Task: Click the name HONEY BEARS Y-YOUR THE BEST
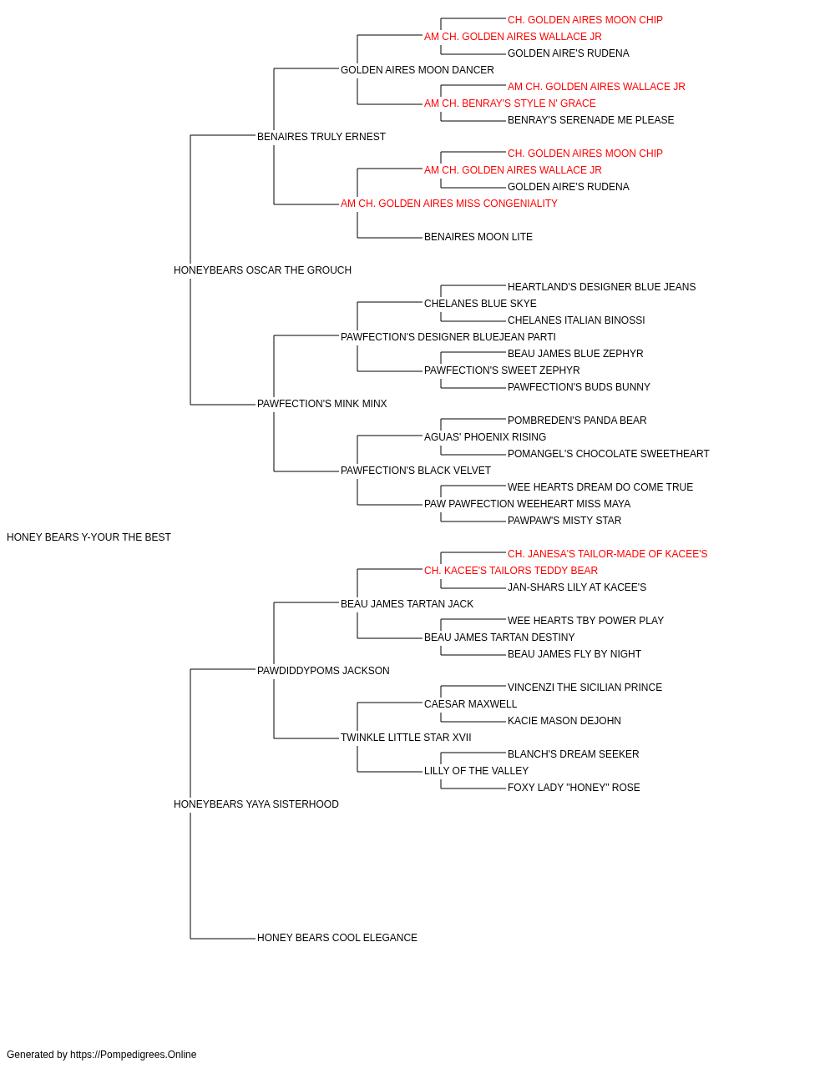[89, 537]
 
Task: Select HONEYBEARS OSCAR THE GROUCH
[262, 270]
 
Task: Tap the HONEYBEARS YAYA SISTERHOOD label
[256, 804]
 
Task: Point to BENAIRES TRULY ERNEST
[321, 137]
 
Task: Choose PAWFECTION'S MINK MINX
[322, 404]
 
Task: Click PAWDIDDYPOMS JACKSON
[323, 670]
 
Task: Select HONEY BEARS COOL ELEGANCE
[337, 937]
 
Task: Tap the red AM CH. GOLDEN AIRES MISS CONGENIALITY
[449, 204]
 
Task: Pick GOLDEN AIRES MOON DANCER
[417, 70]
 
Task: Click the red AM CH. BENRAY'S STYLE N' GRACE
[510, 103]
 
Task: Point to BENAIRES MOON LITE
[478, 237]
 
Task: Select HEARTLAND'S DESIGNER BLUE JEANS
[601, 286]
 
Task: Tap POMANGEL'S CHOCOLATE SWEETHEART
[609, 454]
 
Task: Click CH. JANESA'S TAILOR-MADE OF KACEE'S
[607, 554]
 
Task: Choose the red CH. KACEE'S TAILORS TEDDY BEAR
[511, 571]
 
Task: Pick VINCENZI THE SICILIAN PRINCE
[584, 687]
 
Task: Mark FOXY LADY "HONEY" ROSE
[574, 788]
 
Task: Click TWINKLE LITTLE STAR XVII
[406, 738]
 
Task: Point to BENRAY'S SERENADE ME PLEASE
[590, 120]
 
